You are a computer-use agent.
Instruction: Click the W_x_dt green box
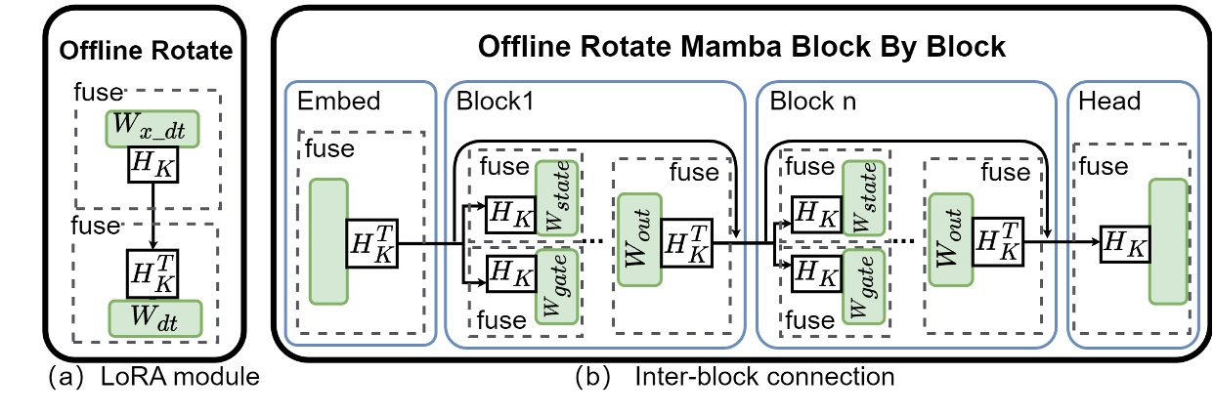[154, 128]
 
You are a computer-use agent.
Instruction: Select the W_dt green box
[154, 316]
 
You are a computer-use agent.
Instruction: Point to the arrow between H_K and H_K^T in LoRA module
[154, 220]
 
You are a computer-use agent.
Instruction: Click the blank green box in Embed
[328, 240]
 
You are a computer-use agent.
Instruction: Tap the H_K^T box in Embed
[371, 240]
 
